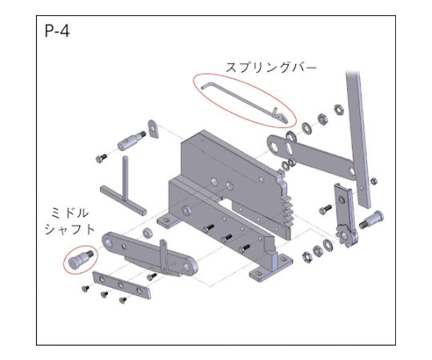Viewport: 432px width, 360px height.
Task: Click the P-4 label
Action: pyautogui.click(x=57, y=31)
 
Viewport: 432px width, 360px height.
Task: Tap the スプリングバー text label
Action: pyautogui.click(x=271, y=67)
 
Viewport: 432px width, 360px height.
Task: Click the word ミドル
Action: pyautogui.click(x=70, y=213)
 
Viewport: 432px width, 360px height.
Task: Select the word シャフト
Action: pyautogui.click(x=70, y=230)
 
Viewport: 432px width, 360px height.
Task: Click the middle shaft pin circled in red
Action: pyautogui.click(x=80, y=259)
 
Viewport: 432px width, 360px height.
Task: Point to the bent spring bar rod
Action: pyautogui.click(x=243, y=102)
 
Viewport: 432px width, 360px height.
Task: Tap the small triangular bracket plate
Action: pyautogui.click(x=154, y=129)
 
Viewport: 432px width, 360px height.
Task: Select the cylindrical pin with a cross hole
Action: pyautogui.click(x=131, y=140)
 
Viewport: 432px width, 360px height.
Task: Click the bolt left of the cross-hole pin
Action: pyautogui.click(x=102, y=158)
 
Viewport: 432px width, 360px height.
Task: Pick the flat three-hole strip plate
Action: pyautogui.click(x=122, y=285)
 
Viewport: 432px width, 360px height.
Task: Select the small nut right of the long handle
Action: pyautogui.click(x=374, y=182)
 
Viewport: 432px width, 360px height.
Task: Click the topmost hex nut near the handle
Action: pyautogui.click(x=339, y=110)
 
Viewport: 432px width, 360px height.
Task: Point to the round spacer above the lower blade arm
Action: pyautogui.click(x=147, y=233)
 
